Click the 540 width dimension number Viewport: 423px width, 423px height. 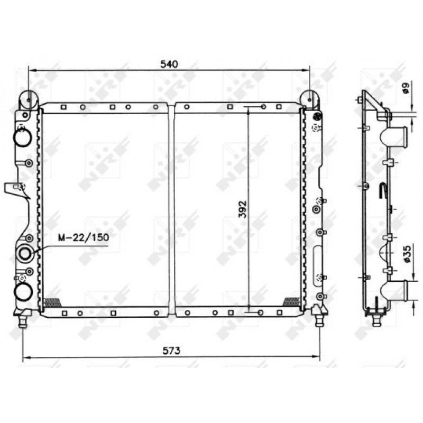click(x=169, y=64)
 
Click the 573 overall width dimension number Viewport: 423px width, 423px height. click(x=171, y=351)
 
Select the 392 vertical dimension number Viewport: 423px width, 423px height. click(x=243, y=209)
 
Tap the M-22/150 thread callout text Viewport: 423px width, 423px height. click(x=84, y=237)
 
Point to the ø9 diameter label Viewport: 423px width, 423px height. click(x=406, y=88)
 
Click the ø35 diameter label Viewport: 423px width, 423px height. click(x=407, y=254)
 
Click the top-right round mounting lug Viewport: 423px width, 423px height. click(x=309, y=99)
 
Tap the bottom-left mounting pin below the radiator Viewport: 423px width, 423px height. click(x=23, y=322)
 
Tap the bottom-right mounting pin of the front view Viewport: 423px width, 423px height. click(x=319, y=321)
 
